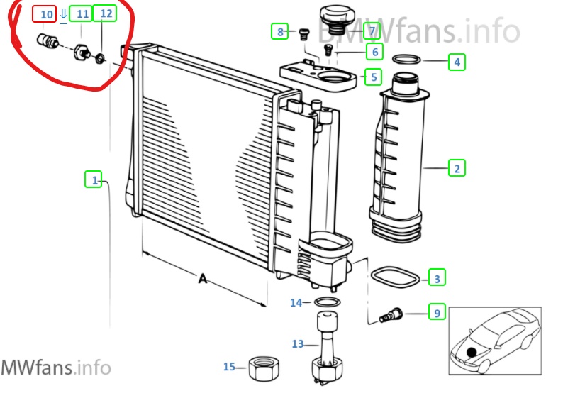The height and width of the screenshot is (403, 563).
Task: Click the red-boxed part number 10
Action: click(44, 14)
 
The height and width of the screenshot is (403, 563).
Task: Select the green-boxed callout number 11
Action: click(81, 13)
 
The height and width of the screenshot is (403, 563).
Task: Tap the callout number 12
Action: click(105, 13)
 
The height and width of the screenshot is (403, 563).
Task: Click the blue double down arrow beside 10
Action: click(63, 14)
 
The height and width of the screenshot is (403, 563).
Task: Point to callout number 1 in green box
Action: click(94, 180)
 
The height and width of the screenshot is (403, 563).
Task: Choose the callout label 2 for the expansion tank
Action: click(457, 167)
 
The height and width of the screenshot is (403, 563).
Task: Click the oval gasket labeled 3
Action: click(395, 277)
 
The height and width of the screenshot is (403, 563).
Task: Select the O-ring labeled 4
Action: click(406, 60)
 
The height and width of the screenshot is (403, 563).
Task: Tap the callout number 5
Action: click(373, 77)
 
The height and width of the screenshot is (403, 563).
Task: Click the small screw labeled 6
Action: click(328, 50)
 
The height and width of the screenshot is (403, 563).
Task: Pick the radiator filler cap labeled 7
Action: click(337, 17)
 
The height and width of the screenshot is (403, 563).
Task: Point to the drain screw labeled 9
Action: click(391, 315)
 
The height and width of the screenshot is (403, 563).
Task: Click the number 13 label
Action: click(298, 343)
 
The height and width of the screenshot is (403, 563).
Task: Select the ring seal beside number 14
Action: click(328, 302)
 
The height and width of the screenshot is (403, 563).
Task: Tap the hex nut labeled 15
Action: click(264, 368)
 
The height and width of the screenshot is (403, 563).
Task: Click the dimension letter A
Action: click(203, 278)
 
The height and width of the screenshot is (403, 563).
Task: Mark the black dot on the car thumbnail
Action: click(472, 353)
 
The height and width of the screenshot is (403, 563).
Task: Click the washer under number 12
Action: click(100, 57)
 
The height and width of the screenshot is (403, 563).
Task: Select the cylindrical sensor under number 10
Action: click(48, 40)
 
